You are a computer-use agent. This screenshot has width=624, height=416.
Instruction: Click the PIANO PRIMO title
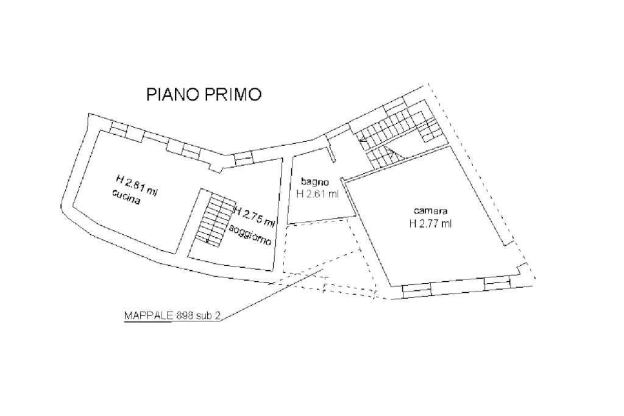pyautogui.click(x=204, y=95)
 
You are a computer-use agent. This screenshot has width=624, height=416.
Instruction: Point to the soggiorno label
pyautogui.click(x=250, y=235)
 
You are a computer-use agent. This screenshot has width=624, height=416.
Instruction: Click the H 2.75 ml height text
pyautogui.click(x=255, y=217)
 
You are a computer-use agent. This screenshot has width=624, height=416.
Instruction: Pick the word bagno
pyautogui.click(x=315, y=182)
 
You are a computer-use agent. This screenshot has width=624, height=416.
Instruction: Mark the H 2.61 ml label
pyautogui.click(x=317, y=194)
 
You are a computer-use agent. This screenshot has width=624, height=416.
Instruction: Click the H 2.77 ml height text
pyautogui.click(x=431, y=224)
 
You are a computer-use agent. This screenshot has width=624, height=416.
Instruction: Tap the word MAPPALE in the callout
pyautogui.click(x=149, y=315)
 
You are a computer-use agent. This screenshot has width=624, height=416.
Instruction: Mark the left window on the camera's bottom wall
pyautogui.click(x=416, y=290)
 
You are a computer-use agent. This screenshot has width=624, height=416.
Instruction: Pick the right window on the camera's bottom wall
pyautogui.click(x=497, y=283)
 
